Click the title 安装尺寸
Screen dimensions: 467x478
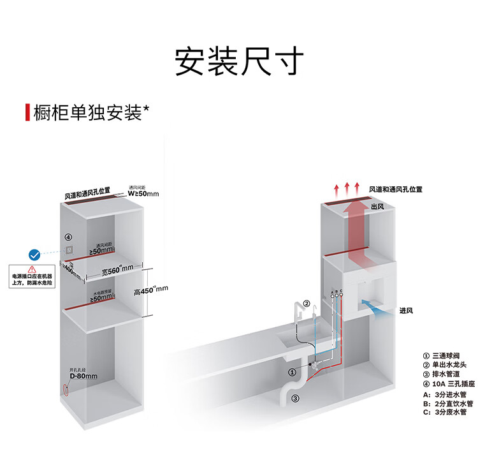click(239, 62)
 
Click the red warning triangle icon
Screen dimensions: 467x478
click(32, 269)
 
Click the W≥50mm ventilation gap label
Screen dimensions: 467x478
click(143, 193)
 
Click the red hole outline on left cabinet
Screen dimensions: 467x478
click(64, 389)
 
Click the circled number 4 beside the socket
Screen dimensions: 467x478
click(68, 237)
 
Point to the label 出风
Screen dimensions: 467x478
click(377, 206)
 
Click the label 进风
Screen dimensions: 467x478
click(407, 310)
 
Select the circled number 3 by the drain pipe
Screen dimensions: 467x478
click(295, 399)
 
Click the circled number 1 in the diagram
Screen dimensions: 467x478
click(291, 371)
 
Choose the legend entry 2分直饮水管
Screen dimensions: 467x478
click(453, 403)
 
